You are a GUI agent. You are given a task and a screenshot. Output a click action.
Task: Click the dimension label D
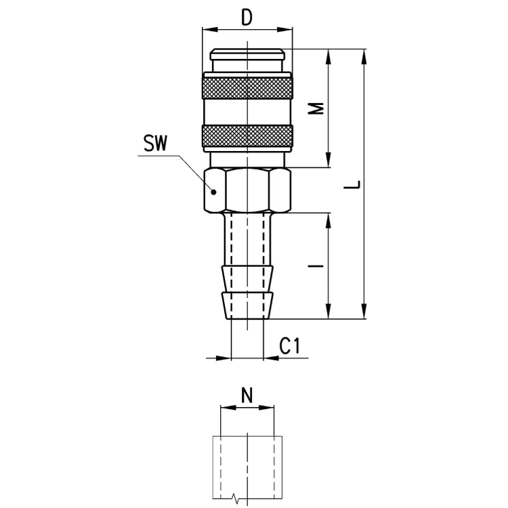click(x=247, y=18)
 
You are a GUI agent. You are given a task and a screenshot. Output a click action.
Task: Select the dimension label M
click(x=316, y=108)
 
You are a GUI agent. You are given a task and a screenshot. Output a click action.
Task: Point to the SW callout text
click(x=156, y=144)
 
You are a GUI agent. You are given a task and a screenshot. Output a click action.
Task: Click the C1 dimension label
click(x=291, y=345)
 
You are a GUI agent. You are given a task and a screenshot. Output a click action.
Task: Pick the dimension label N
click(x=247, y=395)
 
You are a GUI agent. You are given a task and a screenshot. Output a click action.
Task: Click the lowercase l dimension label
click(x=316, y=266)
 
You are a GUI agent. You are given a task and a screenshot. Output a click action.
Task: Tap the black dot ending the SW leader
click(x=213, y=192)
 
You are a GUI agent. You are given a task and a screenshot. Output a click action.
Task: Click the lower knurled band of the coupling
click(x=247, y=135)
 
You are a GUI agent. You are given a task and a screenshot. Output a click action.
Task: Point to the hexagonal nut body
click(x=247, y=190)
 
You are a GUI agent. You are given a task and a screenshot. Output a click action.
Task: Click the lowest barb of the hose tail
click(x=247, y=305)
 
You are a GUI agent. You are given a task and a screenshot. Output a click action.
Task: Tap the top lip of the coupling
click(x=247, y=54)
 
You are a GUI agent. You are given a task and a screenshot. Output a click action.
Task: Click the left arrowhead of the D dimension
click(x=209, y=30)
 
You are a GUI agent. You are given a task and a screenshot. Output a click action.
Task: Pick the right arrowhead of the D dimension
click(x=285, y=30)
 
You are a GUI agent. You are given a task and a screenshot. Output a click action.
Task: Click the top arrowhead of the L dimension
click(x=364, y=57)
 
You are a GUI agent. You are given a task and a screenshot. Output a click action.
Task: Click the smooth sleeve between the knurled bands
click(x=247, y=112)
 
